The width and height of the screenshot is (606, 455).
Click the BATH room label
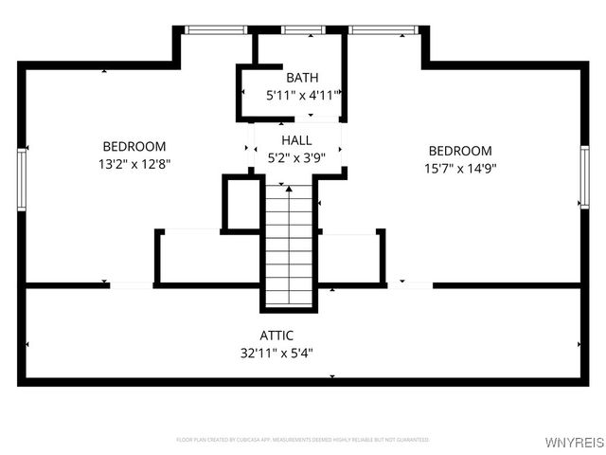point(302,78)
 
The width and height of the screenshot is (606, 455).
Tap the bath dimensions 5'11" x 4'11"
point(302,95)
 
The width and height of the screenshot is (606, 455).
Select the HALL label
point(296,140)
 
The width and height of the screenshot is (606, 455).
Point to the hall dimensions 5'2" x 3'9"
point(296,157)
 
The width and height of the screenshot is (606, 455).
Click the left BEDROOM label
point(134,147)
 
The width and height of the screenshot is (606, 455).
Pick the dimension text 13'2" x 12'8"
point(134,163)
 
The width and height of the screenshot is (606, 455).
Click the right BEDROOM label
point(460,151)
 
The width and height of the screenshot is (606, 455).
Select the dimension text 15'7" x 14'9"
point(460,168)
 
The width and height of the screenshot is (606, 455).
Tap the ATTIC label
point(276,336)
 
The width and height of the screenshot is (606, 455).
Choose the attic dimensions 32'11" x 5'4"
point(276,353)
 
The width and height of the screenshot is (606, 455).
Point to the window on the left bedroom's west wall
point(21,177)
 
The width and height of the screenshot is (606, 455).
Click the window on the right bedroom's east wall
point(584,177)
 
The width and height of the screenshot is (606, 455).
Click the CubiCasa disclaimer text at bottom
point(302,440)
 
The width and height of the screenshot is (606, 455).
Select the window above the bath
point(301,30)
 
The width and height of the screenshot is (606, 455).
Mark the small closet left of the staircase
point(241,202)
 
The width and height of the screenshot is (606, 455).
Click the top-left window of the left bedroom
point(215,30)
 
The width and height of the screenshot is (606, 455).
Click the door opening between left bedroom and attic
point(132,284)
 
